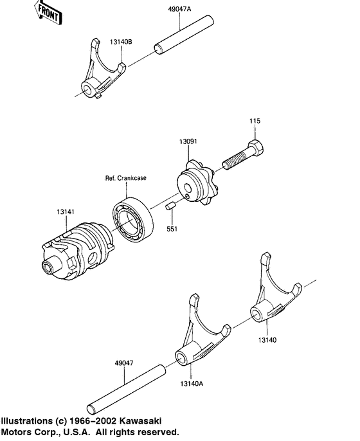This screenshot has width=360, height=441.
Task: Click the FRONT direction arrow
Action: (48, 12)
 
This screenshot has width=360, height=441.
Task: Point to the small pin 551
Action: (171, 206)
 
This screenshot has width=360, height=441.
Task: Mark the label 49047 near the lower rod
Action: (126, 363)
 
